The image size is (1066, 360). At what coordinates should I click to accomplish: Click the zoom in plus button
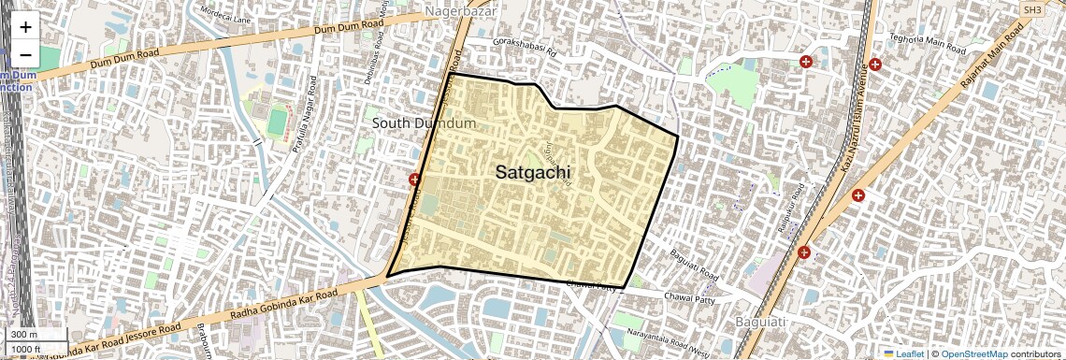(x=25, y=27)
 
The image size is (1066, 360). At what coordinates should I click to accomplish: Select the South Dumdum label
(x=425, y=122)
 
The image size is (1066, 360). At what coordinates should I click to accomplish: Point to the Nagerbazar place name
(x=458, y=11)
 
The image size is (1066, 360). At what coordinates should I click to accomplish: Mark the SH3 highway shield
(x=1032, y=8)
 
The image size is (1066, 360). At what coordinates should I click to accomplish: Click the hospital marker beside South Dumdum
(x=414, y=179)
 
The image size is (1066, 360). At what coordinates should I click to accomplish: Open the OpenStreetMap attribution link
(x=973, y=353)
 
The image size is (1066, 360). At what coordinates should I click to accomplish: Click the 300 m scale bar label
(x=25, y=335)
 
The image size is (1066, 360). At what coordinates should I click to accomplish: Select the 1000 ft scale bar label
(x=26, y=349)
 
